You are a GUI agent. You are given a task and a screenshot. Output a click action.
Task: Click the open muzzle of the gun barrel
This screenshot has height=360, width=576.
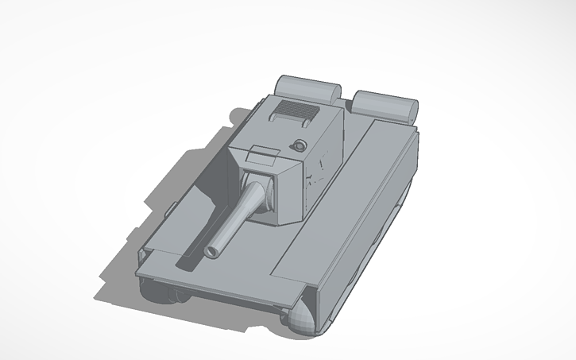[x=213, y=251]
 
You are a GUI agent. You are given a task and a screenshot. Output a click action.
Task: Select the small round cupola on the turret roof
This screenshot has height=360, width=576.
[x=299, y=145]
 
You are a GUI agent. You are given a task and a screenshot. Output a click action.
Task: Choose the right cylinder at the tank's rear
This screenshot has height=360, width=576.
[x=385, y=103]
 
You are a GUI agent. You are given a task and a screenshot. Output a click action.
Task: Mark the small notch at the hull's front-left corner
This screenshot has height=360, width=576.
[x=142, y=254]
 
